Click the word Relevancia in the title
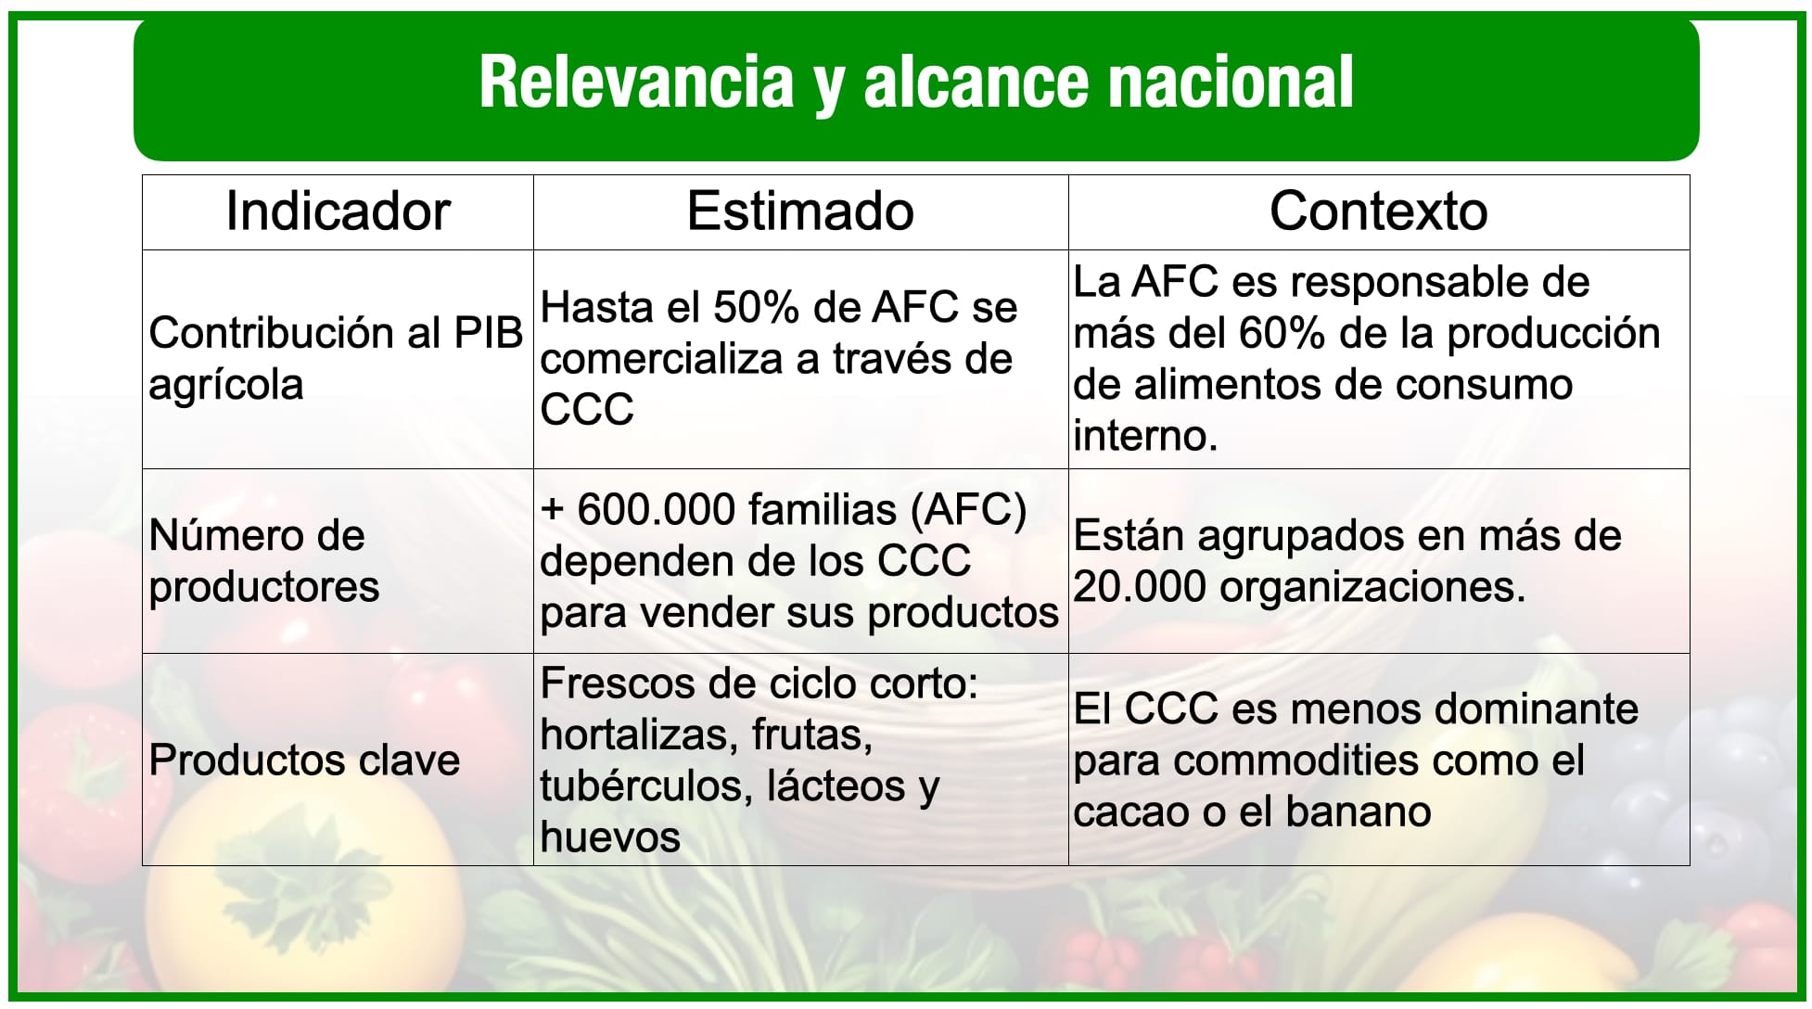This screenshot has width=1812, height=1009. [x=636, y=82]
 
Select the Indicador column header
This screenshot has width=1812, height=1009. [x=338, y=211]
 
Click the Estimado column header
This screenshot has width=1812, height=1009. [x=800, y=211]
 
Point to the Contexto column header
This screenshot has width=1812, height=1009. [x=1379, y=211]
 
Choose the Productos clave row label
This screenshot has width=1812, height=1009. [x=304, y=760]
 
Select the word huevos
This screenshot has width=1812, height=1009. [x=610, y=837]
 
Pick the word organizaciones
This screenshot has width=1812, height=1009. [x=1372, y=588]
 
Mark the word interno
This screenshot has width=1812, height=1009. [x=1146, y=436]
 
